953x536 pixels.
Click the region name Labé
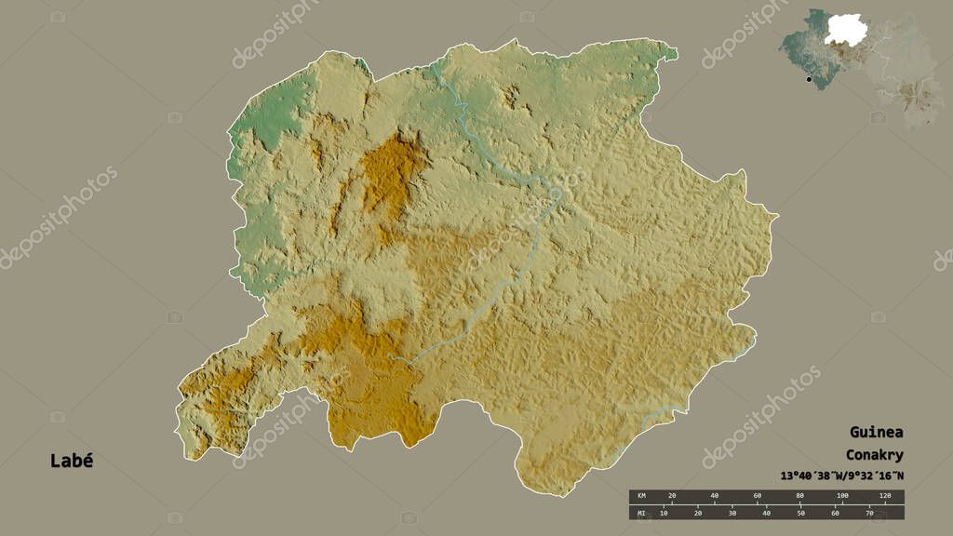[x=72, y=461]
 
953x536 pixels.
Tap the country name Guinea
[x=875, y=433]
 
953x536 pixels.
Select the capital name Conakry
[x=874, y=455]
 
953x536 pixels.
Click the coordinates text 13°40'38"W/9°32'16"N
[x=836, y=477]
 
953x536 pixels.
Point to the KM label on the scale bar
[x=639, y=495]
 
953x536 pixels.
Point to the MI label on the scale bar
[x=639, y=513]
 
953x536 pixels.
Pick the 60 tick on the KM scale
[x=758, y=495]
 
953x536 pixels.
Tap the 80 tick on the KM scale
[x=800, y=495]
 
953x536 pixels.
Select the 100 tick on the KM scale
[x=842, y=495]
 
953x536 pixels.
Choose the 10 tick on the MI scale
[x=664, y=513]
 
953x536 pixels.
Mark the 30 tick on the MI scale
[x=732, y=513]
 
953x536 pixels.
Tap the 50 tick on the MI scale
[x=800, y=513]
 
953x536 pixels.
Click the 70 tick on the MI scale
[x=868, y=513]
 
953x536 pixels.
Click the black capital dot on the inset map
[x=809, y=79]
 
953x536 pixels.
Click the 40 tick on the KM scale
[x=715, y=495]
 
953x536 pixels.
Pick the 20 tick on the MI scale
[x=698, y=513]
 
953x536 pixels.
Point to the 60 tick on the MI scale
[x=835, y=513]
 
